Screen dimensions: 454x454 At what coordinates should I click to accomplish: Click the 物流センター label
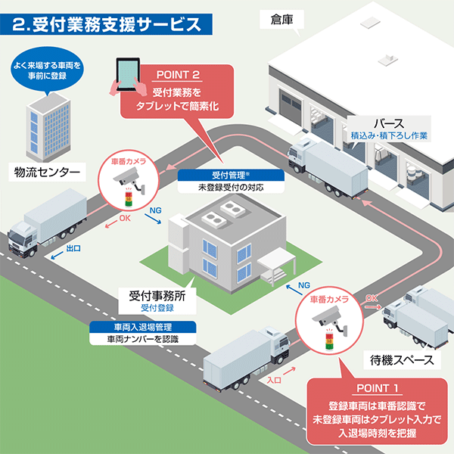click(x=46, y=172)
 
